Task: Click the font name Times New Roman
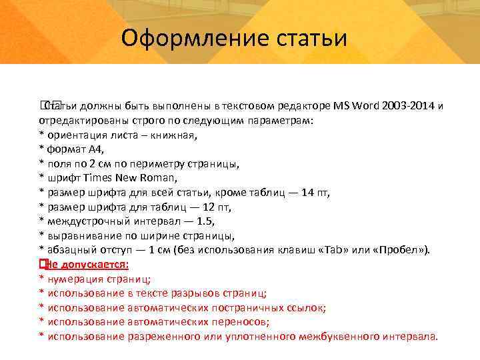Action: pyautogui.click(x=136, y=178)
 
